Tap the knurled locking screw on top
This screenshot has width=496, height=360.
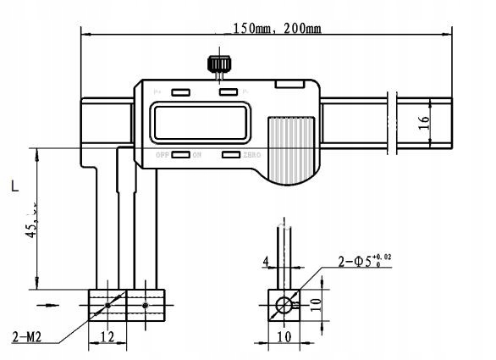click(222, 64)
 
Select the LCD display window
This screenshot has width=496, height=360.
click(200, 123)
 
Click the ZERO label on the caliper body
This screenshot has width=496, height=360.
click(252, 156)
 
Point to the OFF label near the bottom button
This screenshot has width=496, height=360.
click(163, 156)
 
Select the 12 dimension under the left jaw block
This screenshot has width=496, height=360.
click(107, 336)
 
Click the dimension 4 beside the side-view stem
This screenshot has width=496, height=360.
click(266, 262)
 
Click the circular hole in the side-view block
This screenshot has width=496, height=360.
click(284, 305)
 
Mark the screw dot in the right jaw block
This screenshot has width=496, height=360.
click(146, 305)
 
